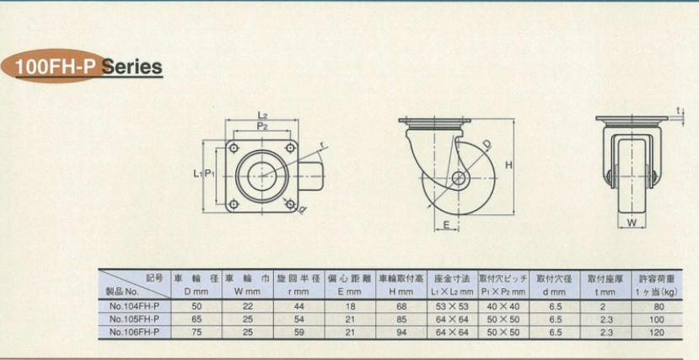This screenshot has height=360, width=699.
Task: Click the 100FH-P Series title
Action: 89,67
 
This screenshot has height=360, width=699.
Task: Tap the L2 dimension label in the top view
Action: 262,116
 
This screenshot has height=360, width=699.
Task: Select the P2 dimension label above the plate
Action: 262,126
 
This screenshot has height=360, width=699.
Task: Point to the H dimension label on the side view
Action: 509,165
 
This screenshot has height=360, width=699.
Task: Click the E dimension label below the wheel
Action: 447,226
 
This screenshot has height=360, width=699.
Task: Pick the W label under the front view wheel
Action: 632,223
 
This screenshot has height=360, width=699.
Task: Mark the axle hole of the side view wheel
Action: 458,178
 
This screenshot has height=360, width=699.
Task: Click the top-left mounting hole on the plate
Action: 234,148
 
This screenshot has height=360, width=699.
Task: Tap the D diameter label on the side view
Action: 487,144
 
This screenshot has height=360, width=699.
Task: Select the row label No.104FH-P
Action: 134,307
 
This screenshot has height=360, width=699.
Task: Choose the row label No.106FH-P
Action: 134,332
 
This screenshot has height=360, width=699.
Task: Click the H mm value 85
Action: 401,320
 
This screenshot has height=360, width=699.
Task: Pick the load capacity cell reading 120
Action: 657,332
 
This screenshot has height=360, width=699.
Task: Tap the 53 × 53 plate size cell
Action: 452,307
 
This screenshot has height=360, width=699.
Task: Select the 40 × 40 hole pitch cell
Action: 503,307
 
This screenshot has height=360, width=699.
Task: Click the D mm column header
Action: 196,293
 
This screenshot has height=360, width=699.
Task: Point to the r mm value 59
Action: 298,332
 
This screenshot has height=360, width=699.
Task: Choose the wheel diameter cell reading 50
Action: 196,307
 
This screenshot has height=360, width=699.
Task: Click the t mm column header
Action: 605,293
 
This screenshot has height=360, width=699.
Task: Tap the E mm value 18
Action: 351,307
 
